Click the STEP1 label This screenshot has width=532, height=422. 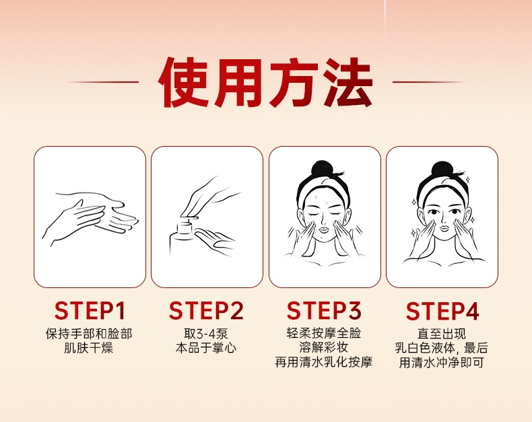[90, 311]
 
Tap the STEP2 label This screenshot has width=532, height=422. [206, 311]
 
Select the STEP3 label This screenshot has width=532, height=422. [324, 311]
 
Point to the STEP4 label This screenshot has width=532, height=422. [442, 311]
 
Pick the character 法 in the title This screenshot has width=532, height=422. [347, 82]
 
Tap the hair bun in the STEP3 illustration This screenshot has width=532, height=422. [322, 168]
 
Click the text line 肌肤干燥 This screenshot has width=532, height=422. [88, 349]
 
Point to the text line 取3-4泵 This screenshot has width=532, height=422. [206, 334]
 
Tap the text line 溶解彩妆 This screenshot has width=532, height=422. [324, 347]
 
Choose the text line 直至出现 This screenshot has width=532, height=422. [441, 334]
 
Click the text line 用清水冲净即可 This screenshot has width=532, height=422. [441, 363]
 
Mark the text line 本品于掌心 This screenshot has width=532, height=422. [206, 349]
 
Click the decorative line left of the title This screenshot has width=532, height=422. [102, 82]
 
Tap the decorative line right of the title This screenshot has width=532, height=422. [429, 82]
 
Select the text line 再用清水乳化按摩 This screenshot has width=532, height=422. [324, 362]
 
